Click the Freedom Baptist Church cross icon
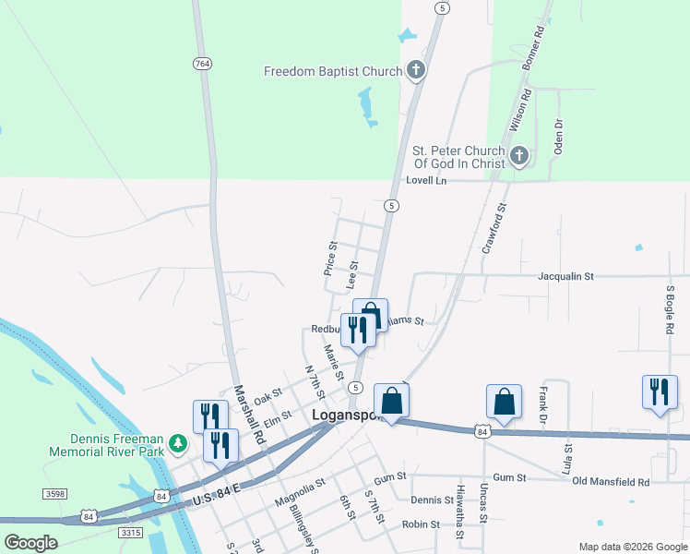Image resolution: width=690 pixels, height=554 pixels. pyautogui.click(x=416, y=71)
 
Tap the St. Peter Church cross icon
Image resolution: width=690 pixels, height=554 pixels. pyautogui.click(x=519, y=156)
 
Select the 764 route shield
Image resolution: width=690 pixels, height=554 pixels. pyautogui.click(x=203, y=64)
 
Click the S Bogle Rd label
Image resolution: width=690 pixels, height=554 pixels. pyautogui.click(x=671, y=310)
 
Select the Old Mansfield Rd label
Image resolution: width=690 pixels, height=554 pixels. pyautogui.click(x=611, y=482)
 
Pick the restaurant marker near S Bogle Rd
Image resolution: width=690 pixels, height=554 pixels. pyautogui.click(x=660, y=391)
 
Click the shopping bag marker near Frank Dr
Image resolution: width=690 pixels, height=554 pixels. pyautogui.click(x=504, y=402)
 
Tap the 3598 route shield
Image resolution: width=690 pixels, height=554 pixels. pyautogui.click(x=54, y=495)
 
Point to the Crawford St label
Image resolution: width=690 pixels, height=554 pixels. pyautogui.click(x=495, y=229)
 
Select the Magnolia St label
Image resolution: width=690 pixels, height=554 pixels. pyautogui.click(x=300, y=493)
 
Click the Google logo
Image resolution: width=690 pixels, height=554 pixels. pyautogui.click(x=30, y=542)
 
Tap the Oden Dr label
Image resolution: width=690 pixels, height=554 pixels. pyautogui.click(x=558, y=137)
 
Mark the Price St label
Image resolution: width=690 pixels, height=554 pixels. pyautogui.click(x=329, y=259)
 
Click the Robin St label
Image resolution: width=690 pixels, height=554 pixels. pyautogui.click(x=420, y=524)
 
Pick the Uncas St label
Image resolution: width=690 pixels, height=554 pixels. pyautogui.click(x=484, y=502)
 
